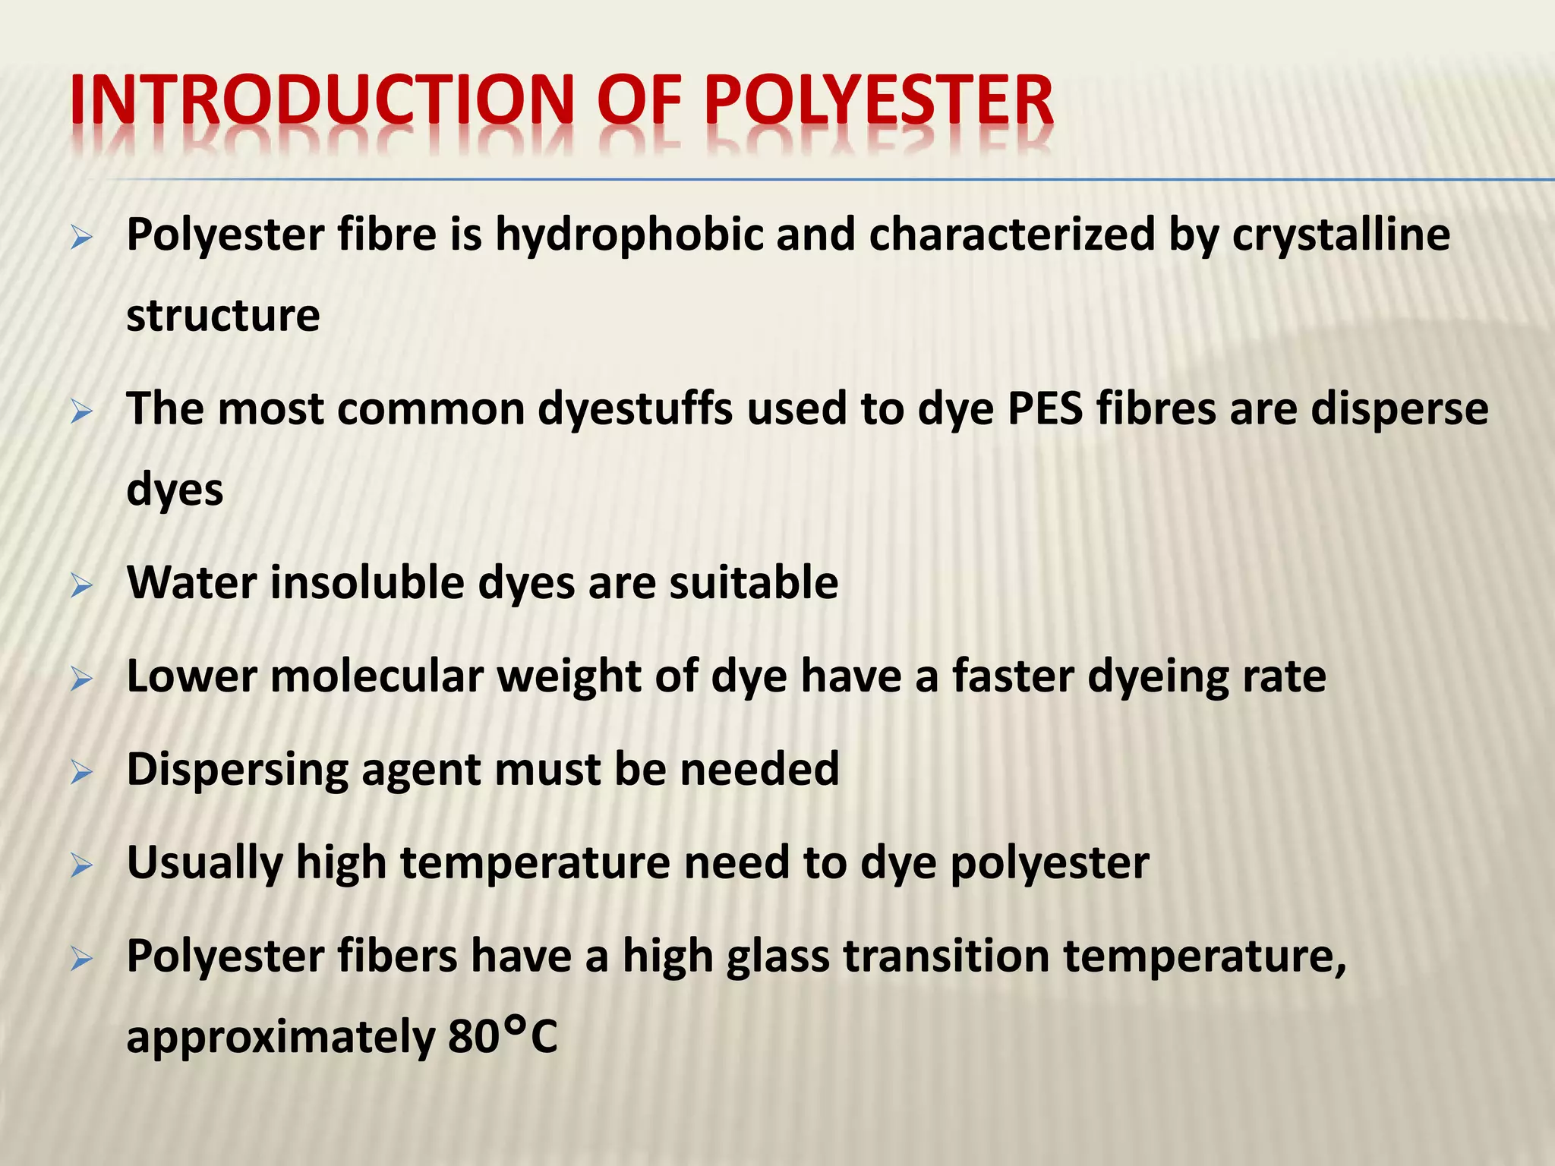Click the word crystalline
point(1341,235)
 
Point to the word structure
point(223,316)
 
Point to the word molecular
point(377,676)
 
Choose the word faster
point(1013,676)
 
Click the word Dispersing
point(237,770)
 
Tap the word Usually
point(204,863)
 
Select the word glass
point(777,956)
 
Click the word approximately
point(280,1038)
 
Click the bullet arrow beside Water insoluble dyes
point(81,585)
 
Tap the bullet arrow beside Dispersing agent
point(81,773)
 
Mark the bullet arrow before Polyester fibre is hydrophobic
point(81,238)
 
